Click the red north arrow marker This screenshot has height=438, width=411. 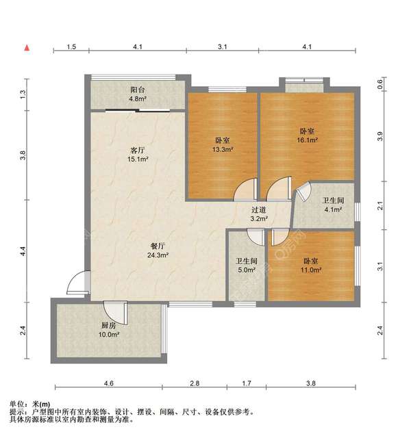27,48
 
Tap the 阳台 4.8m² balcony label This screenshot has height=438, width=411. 138,94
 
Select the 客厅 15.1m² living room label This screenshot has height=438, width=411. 138,155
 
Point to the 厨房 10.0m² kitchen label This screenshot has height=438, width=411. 109,331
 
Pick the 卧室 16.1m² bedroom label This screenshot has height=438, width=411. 307,135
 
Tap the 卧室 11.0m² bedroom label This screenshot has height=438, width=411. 312,265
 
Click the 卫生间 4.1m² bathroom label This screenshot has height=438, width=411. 333,205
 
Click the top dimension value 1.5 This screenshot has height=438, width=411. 71,47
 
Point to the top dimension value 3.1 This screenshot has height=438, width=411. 222,47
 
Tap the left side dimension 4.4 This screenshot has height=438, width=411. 23,253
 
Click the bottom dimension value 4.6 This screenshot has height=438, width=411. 108,383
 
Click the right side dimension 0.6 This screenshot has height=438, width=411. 380,85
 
